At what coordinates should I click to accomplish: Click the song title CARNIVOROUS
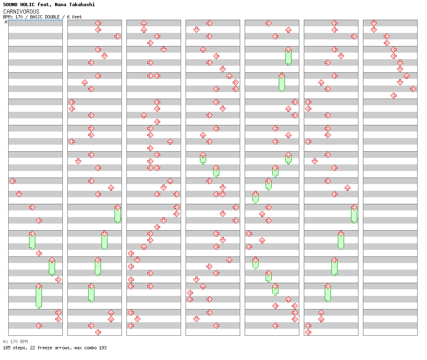coord(21,12)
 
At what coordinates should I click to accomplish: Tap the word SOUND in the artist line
coord(10,5)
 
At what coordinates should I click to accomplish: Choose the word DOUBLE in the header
coord(52,17)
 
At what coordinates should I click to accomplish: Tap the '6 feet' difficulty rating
coord(74,17)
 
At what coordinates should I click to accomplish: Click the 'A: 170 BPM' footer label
coord(15,342)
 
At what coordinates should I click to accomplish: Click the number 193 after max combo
coord(103,348)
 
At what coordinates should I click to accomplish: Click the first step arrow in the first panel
coord(13,181)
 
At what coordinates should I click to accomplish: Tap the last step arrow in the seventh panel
coord(393,95)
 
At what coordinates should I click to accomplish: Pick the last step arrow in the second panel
coord(98,332)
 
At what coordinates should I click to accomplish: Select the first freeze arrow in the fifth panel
coord(288,56)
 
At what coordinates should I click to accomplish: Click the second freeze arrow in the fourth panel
coord(216,171)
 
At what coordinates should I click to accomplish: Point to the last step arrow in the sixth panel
coord(308,332)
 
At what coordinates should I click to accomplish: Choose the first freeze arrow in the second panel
coord(118,214)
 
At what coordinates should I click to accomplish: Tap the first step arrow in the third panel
coord(144,23)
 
